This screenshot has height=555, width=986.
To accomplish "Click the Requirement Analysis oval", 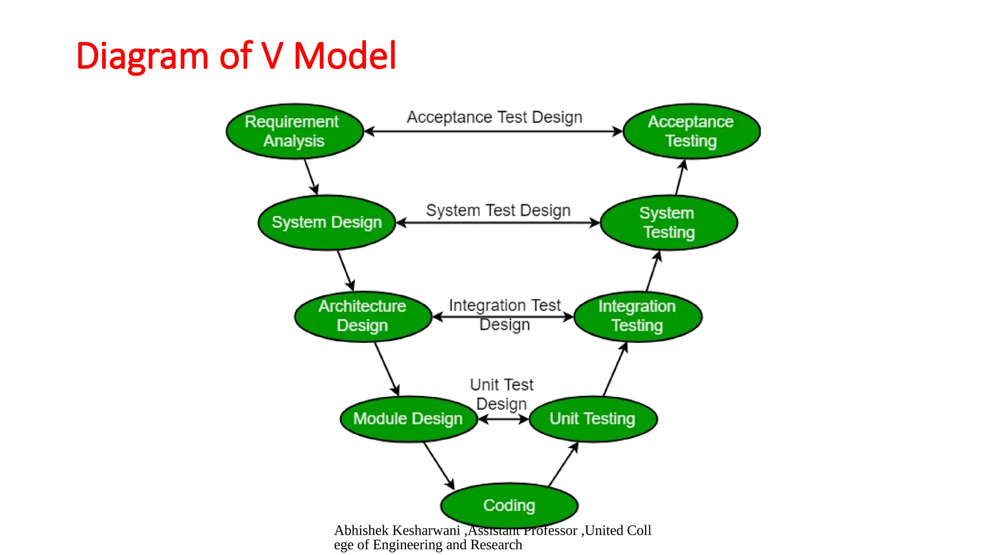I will tap(294, 131).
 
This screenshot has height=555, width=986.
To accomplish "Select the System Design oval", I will tap(327, 223).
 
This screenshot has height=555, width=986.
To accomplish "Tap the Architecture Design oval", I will tap(363, 317).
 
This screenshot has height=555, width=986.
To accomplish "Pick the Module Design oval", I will tap(408, 419).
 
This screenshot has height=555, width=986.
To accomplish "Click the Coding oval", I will tap(509, 505).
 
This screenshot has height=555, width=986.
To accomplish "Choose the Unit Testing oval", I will tap(593, 419).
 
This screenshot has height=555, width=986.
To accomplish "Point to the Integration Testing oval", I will tap(637, 317).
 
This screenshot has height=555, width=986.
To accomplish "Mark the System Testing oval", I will tap(669, 223).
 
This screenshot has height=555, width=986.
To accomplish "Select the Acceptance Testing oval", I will tap(691, 131).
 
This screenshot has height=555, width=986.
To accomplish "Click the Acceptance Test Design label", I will tap(494, 117).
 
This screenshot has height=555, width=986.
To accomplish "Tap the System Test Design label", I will tap(498, 211).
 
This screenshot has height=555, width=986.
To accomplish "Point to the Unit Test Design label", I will tap(502, 394).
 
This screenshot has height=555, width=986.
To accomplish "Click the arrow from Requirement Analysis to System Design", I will tap(311, 177).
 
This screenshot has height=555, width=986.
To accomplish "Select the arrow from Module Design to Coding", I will tap(439, 465).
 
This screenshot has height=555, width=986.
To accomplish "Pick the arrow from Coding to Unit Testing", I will tap(563, 464).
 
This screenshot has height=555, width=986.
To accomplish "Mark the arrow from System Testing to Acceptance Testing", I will tap(680, 177).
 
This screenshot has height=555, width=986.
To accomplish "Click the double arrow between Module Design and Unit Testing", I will tap(504, 419).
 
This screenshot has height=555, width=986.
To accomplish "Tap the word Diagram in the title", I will tap(142, 56).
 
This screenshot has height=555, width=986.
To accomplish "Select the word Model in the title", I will tap(345, 56).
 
